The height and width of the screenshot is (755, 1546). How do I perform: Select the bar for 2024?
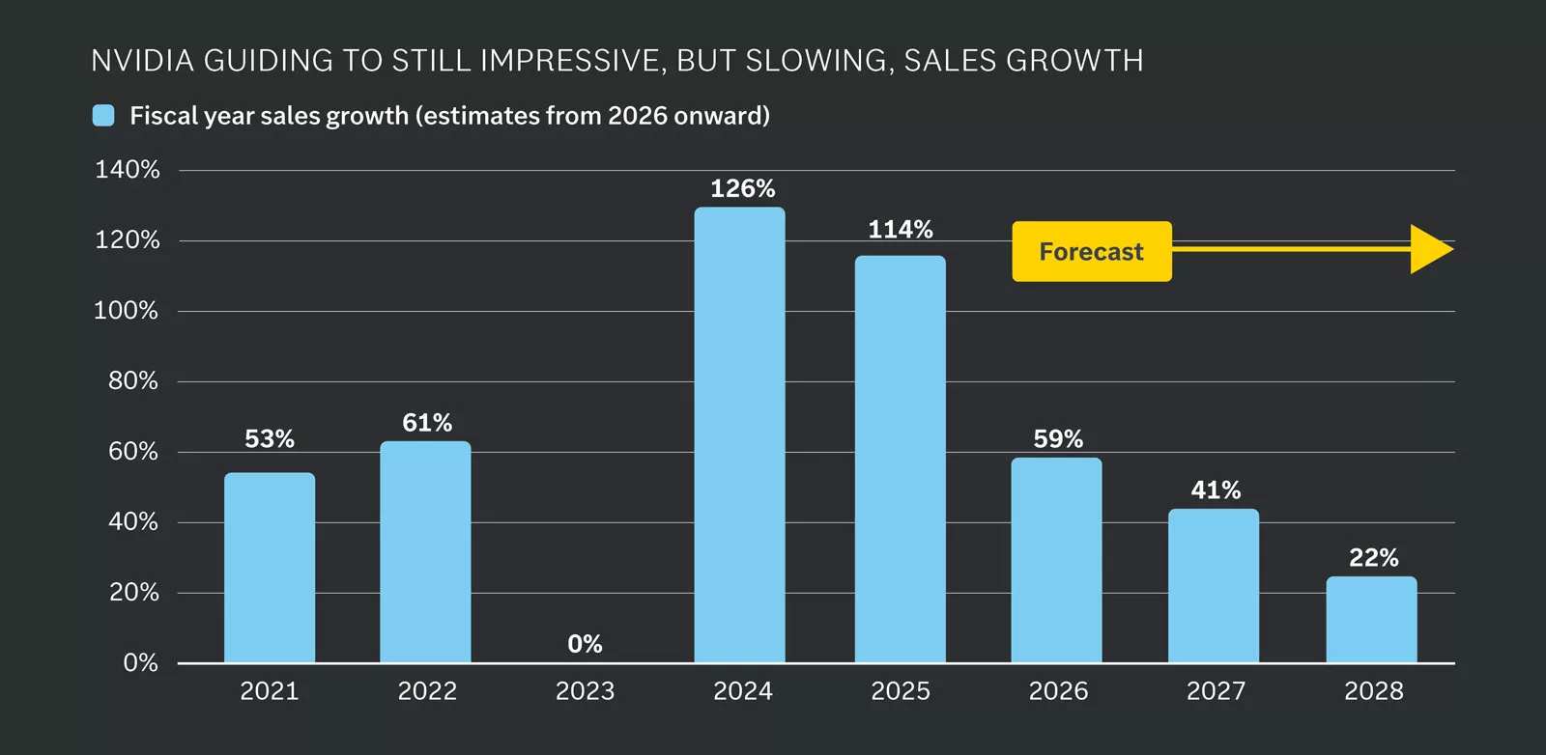(x=739, y=434)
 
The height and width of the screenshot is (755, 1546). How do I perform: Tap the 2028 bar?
(x=1371, y=620)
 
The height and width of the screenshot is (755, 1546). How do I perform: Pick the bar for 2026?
(x=1056, y=560)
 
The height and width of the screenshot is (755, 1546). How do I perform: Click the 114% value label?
(x=900, y=230)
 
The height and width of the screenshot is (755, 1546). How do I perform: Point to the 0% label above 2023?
(x=585, y=644)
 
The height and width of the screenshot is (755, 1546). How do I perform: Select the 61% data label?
(x=426, y=423)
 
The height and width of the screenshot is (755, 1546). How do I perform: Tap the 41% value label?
(x=1215, y=490)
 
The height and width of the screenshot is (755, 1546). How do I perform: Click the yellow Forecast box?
(x=1091, y=252)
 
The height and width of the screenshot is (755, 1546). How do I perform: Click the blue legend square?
(x=103, y=116)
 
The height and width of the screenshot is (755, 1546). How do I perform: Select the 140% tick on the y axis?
(x=127, y=170)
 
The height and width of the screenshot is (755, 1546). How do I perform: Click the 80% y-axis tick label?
(x=132, y=381)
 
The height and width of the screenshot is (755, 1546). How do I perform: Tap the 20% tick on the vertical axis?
(x=133, y=593)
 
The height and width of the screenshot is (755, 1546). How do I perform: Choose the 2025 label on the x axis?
(x=900, y=691)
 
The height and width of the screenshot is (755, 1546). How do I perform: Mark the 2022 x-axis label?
(x=427, y=691)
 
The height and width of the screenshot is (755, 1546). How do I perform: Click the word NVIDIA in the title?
(x=142, y=61)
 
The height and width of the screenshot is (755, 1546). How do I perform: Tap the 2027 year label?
(x=1216, y=691)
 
